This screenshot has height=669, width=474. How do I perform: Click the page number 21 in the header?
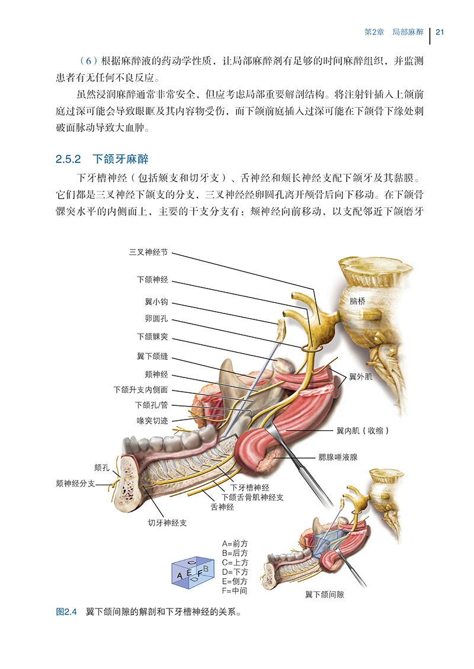point(440,32)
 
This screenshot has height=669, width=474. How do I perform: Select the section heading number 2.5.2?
point(68,159)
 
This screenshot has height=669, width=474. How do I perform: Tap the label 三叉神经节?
point(149,252)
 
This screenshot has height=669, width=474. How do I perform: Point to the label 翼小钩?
point(156,302)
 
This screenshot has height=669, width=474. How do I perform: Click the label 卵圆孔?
point(156,319)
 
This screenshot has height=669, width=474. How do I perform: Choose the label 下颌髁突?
point(153,337)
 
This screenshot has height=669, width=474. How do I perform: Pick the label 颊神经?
point(156,374)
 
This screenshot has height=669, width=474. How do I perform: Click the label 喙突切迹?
point(153,421)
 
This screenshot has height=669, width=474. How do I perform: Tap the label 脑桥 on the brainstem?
point(357,301)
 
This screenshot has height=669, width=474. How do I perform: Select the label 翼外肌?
point(361,376)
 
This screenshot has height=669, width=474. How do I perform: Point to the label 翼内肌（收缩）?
point(363,431)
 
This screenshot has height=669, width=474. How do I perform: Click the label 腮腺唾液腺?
point(338,457)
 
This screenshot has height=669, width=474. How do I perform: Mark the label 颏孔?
point(102,468)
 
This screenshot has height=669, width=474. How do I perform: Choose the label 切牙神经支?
point(167,523)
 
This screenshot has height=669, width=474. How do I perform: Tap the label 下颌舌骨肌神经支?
point(252,497)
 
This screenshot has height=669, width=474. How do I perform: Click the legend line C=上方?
point(235,562)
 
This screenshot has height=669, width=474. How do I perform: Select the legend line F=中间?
point(235,591)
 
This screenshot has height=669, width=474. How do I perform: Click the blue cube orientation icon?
point(192,572)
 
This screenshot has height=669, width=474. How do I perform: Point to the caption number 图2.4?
point(66,612)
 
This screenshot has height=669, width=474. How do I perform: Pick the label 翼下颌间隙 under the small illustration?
point(325,595)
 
